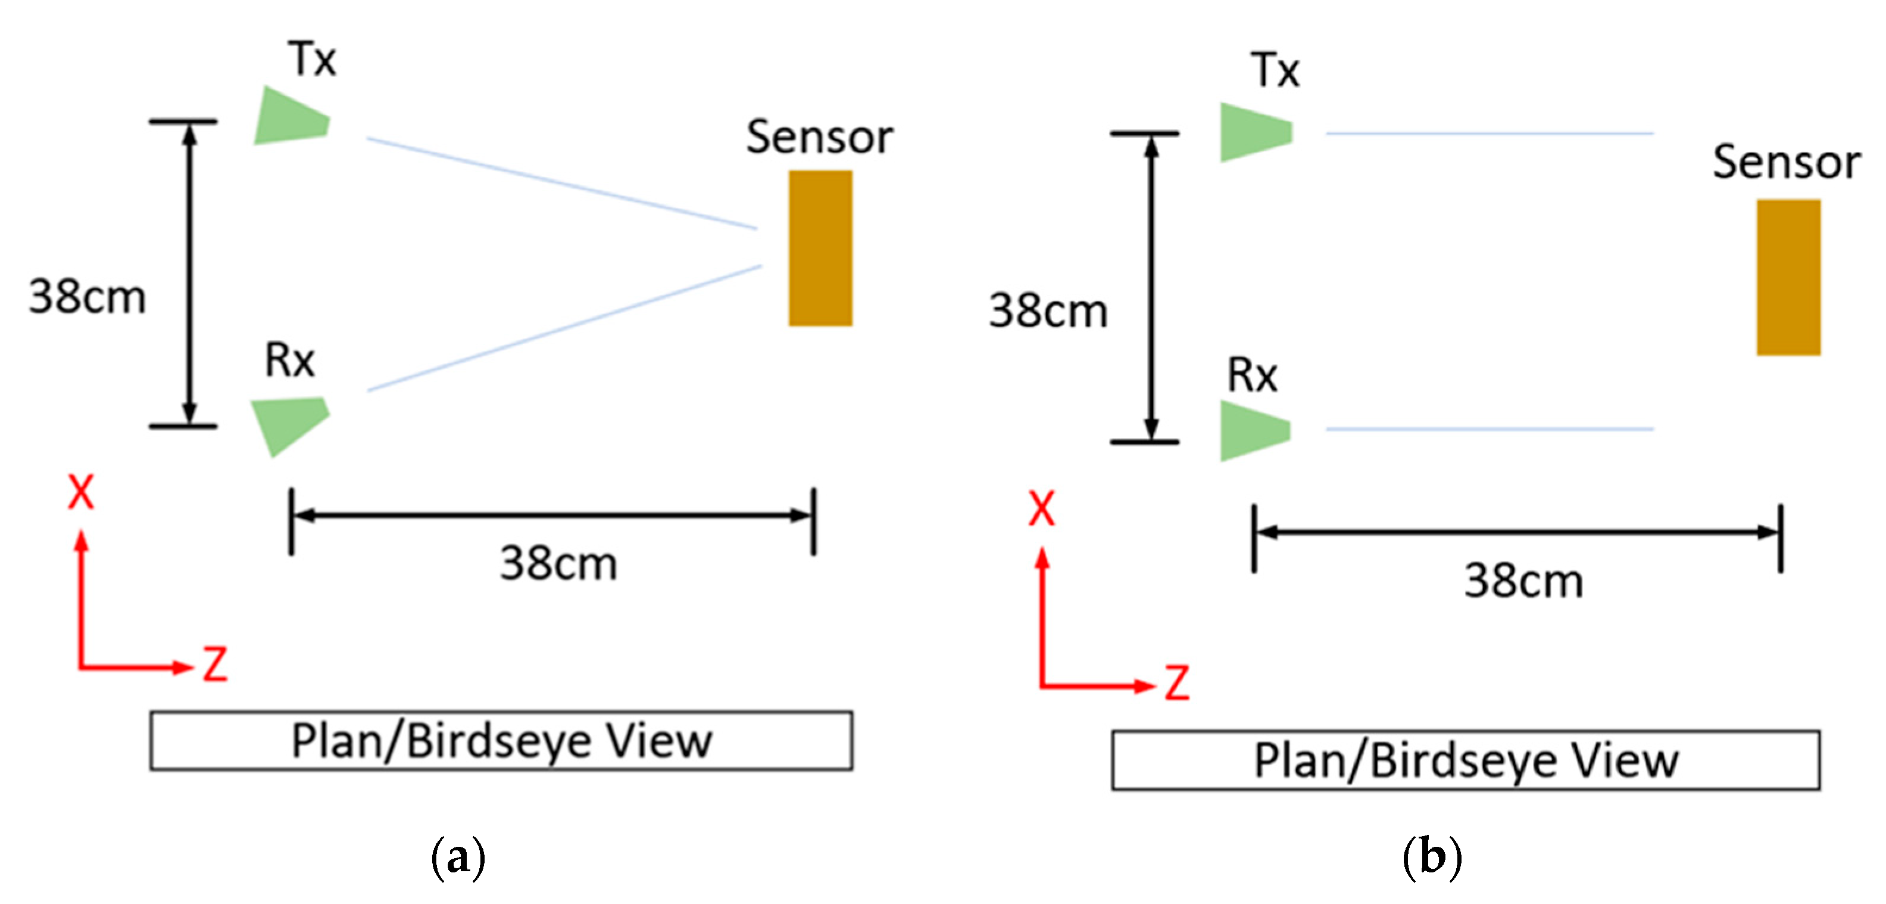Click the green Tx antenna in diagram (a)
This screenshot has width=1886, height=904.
coord(290,117)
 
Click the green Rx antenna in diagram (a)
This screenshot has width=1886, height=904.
coord(290,424)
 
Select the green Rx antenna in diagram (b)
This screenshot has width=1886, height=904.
coord(1252,431)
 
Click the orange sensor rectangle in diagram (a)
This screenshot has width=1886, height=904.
coord(820,248)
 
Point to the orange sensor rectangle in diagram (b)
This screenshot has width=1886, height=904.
coord(1788,277)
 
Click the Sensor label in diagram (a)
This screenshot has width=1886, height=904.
coord(819,137)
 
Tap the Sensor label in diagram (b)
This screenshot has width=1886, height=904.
coord(1787,162)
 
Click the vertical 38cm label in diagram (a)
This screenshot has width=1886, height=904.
coord(87,297)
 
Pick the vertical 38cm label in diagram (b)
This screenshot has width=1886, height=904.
coord(1048,310)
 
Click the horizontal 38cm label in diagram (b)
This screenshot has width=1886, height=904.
coord(1523,581)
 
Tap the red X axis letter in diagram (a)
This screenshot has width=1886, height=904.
coord(80,492)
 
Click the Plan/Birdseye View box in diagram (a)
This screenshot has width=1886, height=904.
coord(501,741)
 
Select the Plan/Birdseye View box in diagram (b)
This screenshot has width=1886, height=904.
coord(1466,760)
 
